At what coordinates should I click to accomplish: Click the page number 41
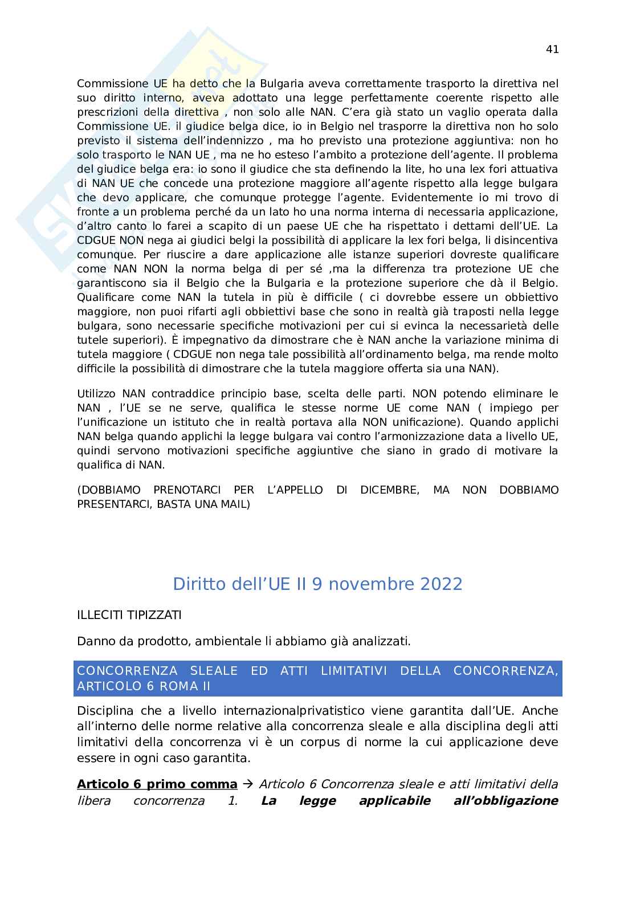point(552,49)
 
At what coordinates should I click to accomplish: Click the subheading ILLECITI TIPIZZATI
point(129,615)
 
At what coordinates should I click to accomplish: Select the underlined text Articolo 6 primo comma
point(157,784)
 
